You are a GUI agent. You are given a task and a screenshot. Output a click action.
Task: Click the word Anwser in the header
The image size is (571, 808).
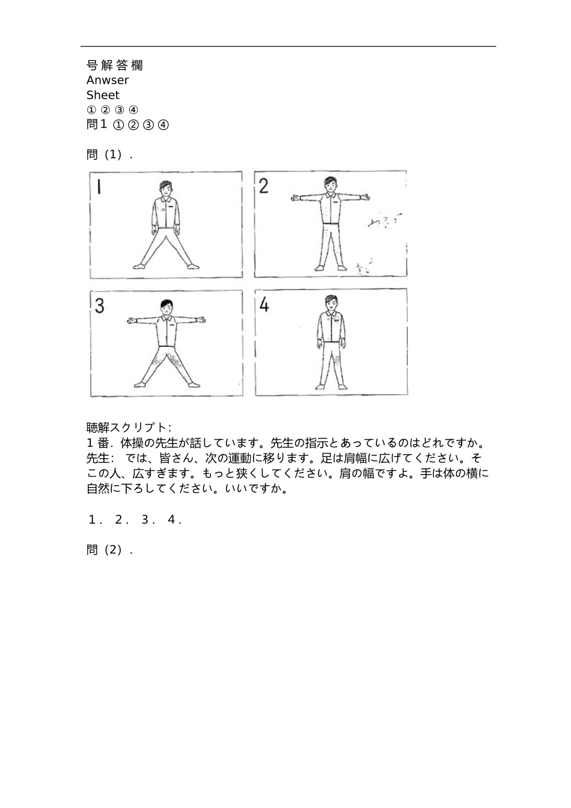(x=107, y=80)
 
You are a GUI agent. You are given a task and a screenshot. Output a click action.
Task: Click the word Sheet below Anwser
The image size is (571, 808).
(x=103, y=95)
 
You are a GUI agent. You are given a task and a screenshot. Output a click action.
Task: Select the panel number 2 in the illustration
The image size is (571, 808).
(x=263, y=186)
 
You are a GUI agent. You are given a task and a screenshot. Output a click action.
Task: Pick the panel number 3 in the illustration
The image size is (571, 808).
(x=99, y=306)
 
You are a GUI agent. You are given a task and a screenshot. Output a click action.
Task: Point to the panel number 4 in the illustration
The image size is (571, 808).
(x=264, y=305)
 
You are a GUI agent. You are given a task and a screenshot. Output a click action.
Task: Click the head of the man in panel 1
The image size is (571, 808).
(x=166, y=188)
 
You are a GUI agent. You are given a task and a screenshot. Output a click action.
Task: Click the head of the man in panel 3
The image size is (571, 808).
(x=166, y=306)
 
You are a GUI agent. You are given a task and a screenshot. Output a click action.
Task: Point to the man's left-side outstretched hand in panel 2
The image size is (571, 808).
(x=294, y=196)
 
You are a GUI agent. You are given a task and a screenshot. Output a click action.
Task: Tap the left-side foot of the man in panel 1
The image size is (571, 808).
(x=139, y=265)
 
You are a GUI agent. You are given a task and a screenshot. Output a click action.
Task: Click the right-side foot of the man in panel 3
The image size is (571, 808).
(x=192, y=384)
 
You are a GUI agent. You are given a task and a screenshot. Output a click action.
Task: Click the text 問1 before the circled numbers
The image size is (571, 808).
(x=97, y=124)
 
